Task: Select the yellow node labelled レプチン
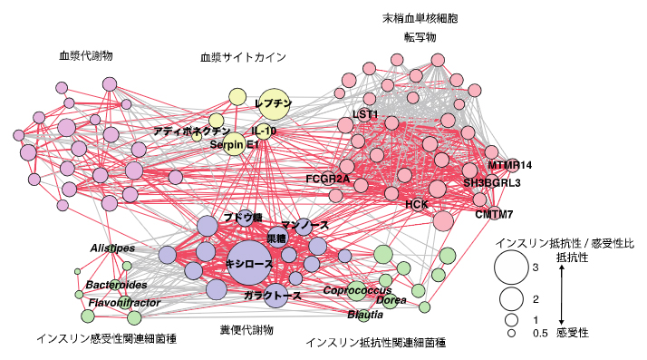[274, 104]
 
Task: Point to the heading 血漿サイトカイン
[243, 57]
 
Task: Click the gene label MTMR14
[510, 165]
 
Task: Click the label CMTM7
[495, 215]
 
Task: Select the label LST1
[365, 114]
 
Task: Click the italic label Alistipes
[111, 248]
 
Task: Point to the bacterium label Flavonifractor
[124, 302]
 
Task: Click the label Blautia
[365, 315]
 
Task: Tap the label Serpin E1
[235, 144]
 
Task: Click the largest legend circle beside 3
[512, 268]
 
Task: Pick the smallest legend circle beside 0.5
[512, 334]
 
